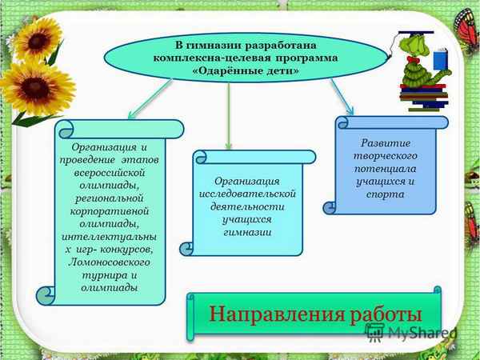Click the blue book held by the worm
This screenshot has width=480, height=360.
click(441, 60)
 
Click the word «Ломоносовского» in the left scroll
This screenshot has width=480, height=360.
click(110, 262)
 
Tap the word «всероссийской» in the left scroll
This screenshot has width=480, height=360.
click(110, 173)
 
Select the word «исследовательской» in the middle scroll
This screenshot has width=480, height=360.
click(248, 194)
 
